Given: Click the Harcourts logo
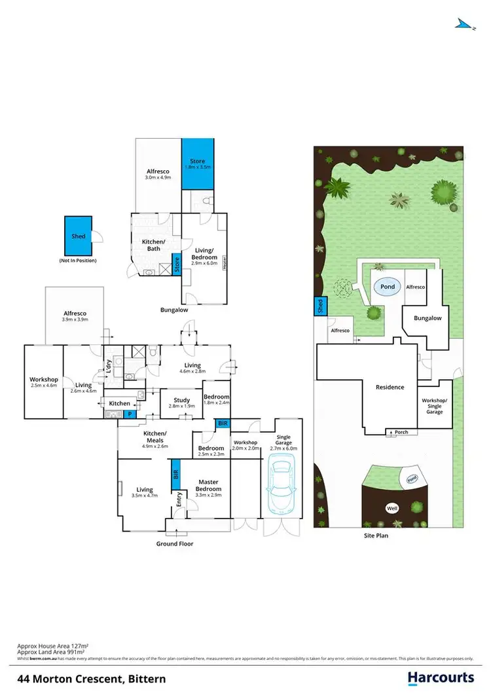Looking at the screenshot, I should click(441, 678).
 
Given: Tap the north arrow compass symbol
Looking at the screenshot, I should click(464, 24).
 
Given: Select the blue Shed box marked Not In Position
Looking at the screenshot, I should click(78, 236).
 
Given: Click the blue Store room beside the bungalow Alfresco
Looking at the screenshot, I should click(197, 164).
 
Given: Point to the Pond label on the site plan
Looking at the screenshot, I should click(388, 287).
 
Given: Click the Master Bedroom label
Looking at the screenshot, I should click(208, 485).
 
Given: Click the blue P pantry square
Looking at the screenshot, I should click(130, 414).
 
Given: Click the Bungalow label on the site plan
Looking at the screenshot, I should click(427, 318).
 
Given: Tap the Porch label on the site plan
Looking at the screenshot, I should click(401, 431).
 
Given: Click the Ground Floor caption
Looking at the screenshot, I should click(174, 543).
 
